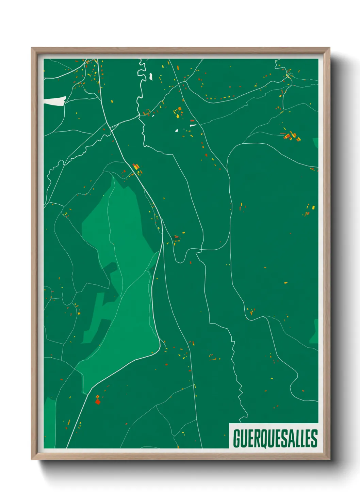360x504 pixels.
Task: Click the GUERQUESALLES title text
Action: [x=275, y=438]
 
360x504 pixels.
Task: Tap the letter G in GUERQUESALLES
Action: [x=237, y=438]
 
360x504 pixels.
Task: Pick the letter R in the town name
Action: [x=259, y=438]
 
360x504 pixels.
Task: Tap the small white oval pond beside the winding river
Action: [x=150, y=77]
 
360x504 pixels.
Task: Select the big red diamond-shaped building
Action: [x=98, y=402]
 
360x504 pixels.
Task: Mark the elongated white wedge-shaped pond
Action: [x=193, y=126]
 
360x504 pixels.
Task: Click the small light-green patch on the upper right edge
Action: [x=316, y=142]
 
